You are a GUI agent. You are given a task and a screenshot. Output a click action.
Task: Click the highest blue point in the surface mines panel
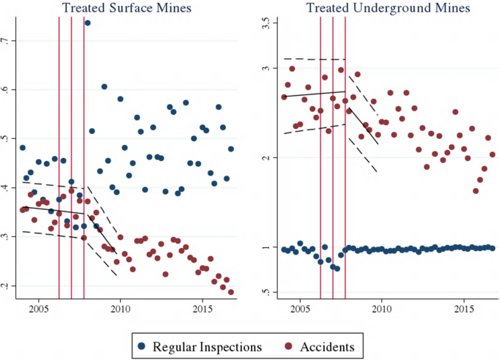click(x=88, y=23)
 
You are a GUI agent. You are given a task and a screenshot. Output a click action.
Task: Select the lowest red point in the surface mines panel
click(x=231, y=292)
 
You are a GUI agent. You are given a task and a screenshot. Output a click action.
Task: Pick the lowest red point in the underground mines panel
click(x=476, y=191)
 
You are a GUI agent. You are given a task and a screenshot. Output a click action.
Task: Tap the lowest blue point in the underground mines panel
click(x=336, y=269)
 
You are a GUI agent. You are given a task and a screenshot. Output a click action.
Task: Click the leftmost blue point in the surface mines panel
click(x=22, y=148)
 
